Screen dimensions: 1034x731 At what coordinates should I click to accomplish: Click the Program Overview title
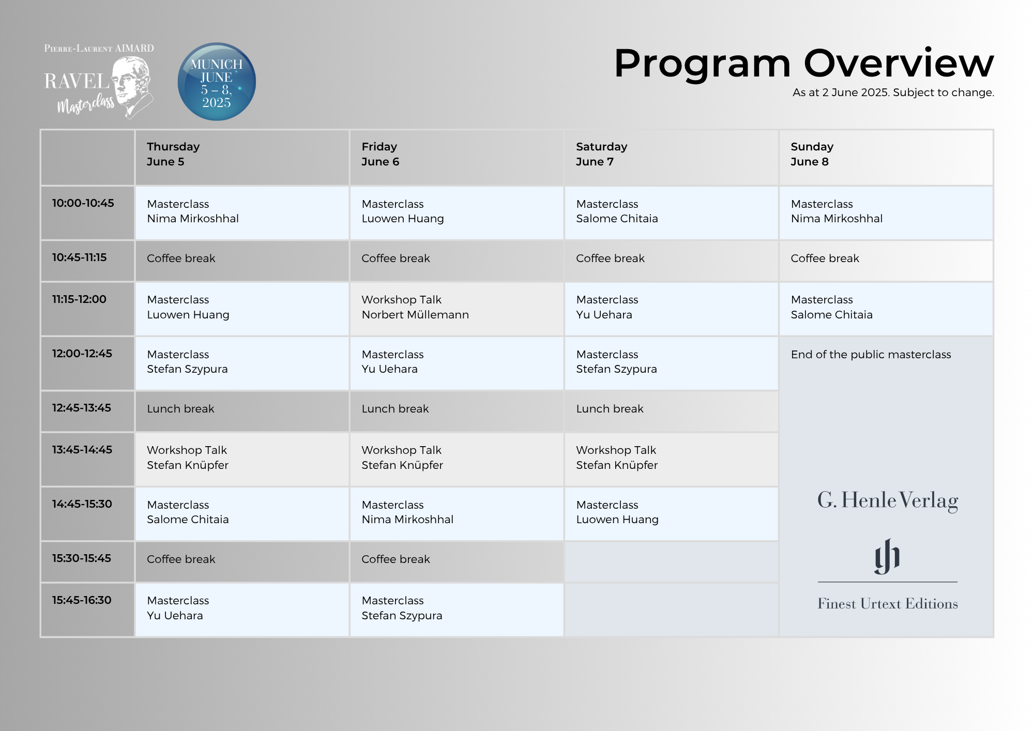[803, 64]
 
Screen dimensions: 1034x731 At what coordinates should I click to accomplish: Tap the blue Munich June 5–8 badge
[217, 82]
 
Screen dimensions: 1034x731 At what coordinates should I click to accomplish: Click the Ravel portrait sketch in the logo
[132, 85]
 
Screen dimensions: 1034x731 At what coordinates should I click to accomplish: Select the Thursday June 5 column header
[242, 157]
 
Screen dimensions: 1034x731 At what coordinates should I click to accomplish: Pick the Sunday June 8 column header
[886, 157]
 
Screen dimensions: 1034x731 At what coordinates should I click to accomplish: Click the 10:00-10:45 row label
[83, 203]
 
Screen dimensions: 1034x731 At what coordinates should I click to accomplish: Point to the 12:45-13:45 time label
[81, 408]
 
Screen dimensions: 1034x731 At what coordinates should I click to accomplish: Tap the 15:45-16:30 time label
[82, 600]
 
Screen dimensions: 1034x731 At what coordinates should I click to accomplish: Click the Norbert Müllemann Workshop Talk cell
[457, 309]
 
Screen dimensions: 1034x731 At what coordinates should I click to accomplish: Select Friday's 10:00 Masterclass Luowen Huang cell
[457, 212]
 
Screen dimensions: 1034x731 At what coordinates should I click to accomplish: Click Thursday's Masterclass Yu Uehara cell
[242, 610]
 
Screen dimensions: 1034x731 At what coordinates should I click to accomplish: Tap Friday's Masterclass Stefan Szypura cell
[457, 610]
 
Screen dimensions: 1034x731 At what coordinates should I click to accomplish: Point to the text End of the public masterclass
[871, 355]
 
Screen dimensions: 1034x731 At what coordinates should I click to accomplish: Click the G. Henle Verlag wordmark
[888, 500]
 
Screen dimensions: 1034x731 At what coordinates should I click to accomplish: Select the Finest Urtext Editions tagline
[888, 604]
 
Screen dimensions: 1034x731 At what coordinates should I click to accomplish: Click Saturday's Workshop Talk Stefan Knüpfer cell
[671, 459]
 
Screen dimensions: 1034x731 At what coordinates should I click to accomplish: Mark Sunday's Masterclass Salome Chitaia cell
[886, 309]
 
